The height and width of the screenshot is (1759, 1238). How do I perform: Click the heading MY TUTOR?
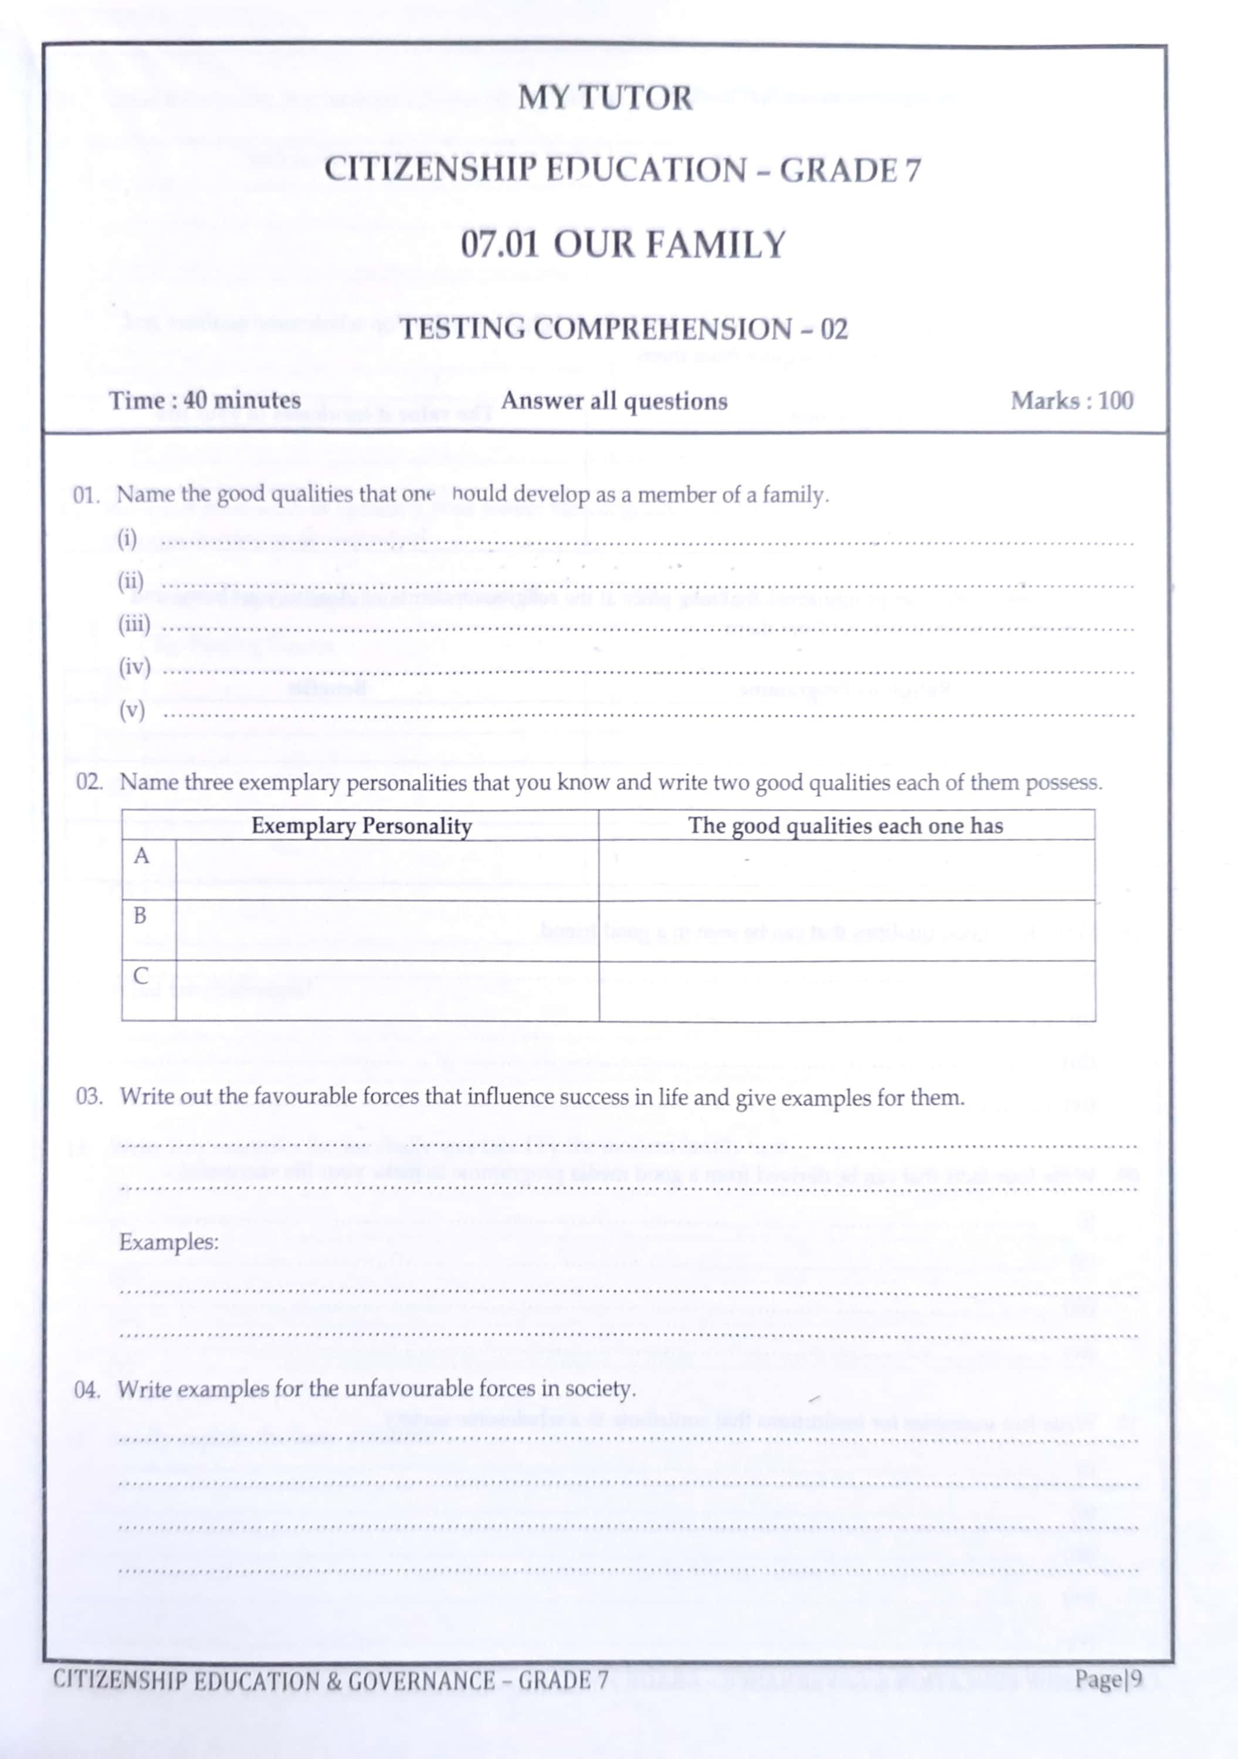click(605, 98)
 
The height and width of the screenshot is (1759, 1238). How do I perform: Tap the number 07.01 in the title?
click(500, 245)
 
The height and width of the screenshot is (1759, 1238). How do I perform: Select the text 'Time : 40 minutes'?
click(205, 400)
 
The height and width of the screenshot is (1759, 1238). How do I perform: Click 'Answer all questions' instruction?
click(613, 400)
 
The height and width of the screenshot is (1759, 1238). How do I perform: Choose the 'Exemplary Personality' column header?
click(361, 826)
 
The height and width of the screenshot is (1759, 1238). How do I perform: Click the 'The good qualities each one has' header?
click(845, 826)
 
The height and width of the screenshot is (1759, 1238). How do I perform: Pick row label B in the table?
click(140, 915)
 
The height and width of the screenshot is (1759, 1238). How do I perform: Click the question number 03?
click(89, 1096)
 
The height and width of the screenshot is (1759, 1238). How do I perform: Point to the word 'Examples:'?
click(168, 1241)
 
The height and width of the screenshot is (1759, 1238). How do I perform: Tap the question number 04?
click(87, 1389)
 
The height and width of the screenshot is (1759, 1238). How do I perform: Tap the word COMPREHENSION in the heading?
click(663, 330)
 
